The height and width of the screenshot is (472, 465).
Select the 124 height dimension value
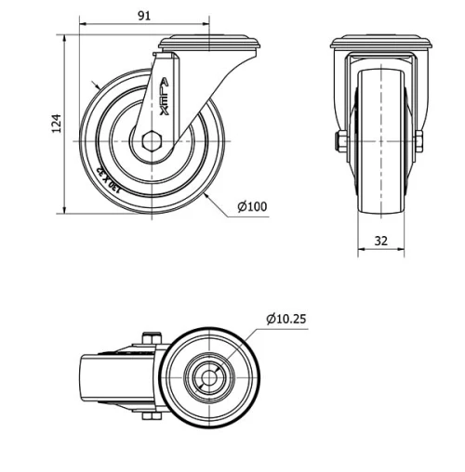(56, 122)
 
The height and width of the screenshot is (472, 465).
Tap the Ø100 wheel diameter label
(252, 206)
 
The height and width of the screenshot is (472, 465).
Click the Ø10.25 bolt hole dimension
(286, 319)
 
